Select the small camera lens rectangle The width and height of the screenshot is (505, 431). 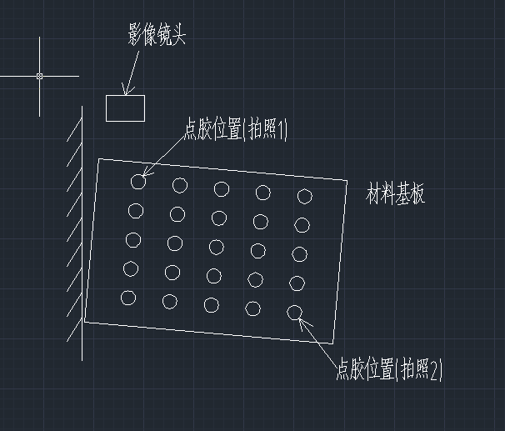(125, 108)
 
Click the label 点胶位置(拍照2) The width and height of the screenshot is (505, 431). (388, 368)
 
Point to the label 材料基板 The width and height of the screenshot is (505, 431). (396, 195)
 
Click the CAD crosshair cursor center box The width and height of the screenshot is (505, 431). (39, 76)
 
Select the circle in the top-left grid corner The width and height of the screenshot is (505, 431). (138, 181)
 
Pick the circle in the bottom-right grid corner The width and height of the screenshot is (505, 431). (294, 313)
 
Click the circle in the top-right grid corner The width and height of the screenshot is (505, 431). (305, 196)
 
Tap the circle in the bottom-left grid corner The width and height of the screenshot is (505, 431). (127, 298)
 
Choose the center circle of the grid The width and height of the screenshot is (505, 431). (217, 247)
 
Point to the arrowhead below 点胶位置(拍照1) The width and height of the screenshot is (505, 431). (146, 173)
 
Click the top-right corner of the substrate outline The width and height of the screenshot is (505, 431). (347, 179)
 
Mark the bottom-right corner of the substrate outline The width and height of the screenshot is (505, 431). (334, 343)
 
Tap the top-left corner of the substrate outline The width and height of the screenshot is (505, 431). (99, 159)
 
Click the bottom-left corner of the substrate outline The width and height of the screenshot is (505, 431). (85, 321)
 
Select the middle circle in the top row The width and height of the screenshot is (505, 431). (222, 188)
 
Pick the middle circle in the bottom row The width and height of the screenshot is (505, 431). (211, 305)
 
